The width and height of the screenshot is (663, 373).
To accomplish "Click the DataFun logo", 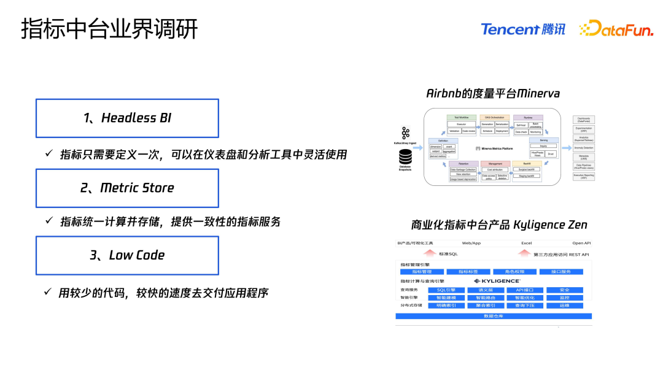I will coord(616,29).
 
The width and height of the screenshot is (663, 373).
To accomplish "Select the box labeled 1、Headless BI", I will coord(127,118).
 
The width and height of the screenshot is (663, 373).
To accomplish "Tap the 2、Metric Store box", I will coord(127,188).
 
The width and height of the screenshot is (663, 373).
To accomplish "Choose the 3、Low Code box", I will coord(127,255).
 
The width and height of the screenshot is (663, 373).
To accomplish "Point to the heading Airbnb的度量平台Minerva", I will coord(493,93).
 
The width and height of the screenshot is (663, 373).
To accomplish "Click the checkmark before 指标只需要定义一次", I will coord(48,153).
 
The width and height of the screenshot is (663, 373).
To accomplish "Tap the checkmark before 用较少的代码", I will coord(48,291).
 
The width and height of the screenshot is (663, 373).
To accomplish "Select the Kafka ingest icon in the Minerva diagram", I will coord(405,133).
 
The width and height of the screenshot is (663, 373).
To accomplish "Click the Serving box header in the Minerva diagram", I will coord(543,140).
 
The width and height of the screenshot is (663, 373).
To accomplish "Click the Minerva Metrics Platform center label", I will coord(492,148).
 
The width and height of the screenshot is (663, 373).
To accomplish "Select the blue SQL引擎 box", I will coord(446,290).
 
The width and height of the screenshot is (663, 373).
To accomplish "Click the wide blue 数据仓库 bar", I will coord(494,316).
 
